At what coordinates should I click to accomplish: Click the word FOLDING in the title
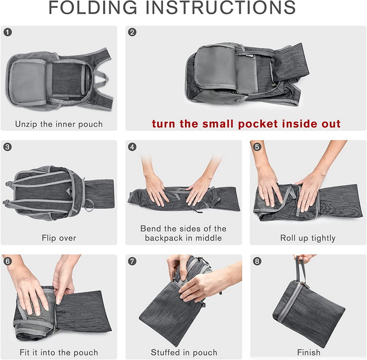click(92, 7)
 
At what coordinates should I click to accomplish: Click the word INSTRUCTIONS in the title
click(221, 7)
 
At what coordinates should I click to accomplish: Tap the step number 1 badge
click(8, 32)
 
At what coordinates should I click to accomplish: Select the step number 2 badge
click(132, 32)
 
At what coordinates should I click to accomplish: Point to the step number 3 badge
click(8, 147)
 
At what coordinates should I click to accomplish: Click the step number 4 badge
click(132, 147)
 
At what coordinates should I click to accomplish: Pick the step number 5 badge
click(257, 147)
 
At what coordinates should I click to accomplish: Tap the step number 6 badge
click(8, 261)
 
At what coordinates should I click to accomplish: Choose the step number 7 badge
click(132, 261)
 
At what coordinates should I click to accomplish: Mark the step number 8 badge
click(257, 261)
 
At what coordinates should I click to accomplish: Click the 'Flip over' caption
click(59, 238)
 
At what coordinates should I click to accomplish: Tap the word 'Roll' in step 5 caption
click(287, 238)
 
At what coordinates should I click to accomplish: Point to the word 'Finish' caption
click(308, 352)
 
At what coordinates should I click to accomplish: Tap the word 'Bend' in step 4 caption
click(150, 228)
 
